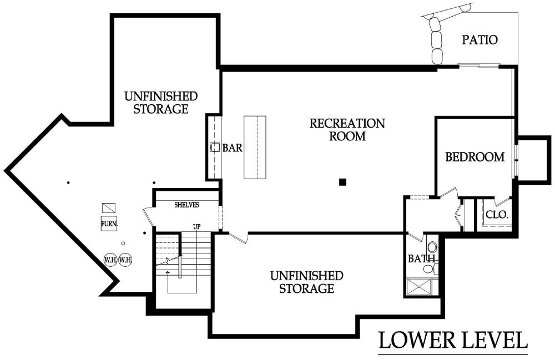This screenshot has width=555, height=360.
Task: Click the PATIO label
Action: pos(480,39)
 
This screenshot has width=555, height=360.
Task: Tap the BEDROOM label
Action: pos(475,157)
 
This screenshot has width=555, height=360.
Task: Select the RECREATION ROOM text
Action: pos(347,129)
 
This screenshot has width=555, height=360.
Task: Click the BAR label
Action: pos(233,148)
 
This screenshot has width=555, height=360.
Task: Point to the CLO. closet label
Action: pos(497,215)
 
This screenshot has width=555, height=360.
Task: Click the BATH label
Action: pos(421,259)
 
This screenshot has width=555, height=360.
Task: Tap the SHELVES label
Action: pos(186,205)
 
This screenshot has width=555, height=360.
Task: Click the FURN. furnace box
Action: pos(109,224)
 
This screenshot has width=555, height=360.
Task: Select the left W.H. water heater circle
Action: pos(110,260)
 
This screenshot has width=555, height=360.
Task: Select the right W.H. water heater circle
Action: pos(125,260)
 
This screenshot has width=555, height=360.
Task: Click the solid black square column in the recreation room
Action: pos(342,182)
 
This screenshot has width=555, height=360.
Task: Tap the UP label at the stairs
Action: pos(197,226)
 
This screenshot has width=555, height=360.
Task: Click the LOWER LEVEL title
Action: pos(453,340)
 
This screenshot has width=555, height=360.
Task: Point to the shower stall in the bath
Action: pos(419,287)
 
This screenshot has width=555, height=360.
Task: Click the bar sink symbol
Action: pos(214,147)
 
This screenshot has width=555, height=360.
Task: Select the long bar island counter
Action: pos(255,147)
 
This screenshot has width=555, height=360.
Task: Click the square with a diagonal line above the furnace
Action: pos(109,207)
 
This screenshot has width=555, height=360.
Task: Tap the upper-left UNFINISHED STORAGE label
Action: pos(161,103)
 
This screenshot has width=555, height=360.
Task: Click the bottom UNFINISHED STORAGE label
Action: pos(306,282)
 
